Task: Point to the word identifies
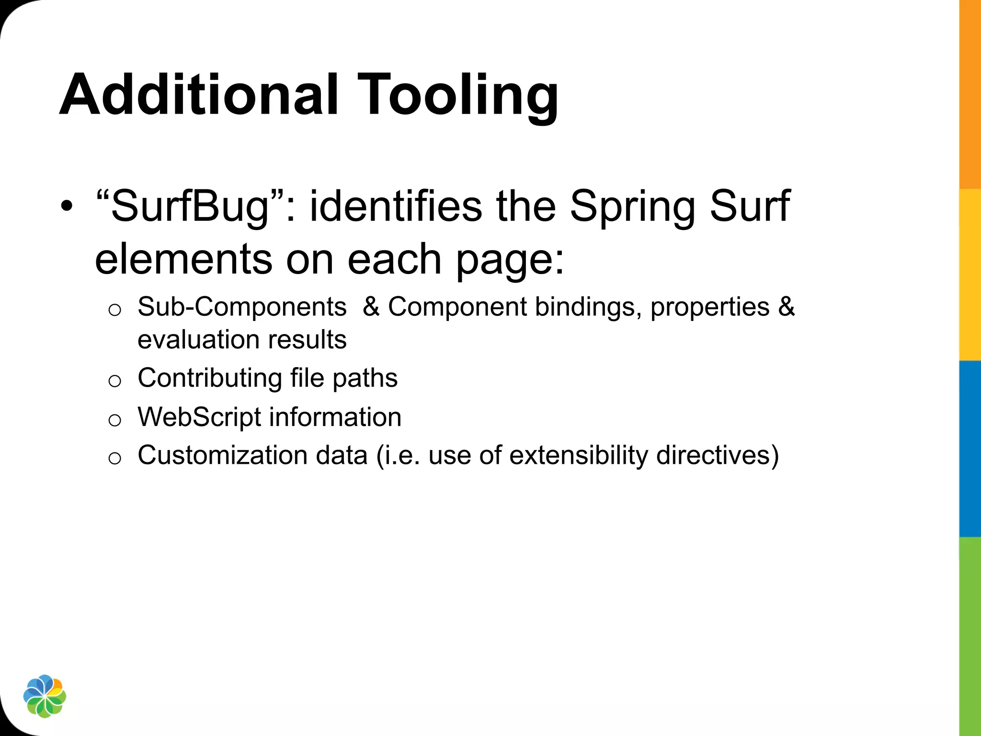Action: pos(396,206)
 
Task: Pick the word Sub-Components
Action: pos(242,307)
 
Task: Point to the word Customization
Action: pos(222,455)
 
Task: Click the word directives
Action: pos(717,455)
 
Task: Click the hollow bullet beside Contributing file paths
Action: pos(114,381)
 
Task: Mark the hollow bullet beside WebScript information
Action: pos(114,420)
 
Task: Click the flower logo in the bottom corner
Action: pos(45,696)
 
